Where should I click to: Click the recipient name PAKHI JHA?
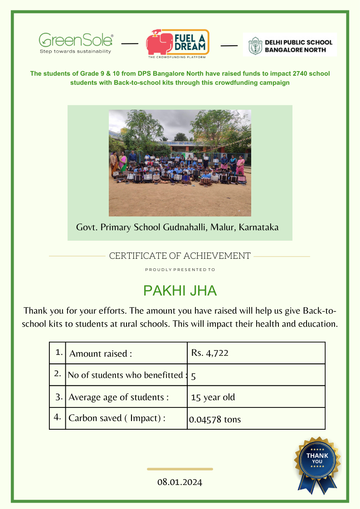tap(180, 291)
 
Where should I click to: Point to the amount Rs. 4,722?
tap(209, 353)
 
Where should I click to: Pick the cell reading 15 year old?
tap(213, 398)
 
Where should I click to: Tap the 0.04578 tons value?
tap(215, 419)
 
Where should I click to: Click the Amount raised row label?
tap(101, 354)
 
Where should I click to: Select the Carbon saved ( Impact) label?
tap(117, 418)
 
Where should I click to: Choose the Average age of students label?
tap(118, 398)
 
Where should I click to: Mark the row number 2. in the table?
tap(58, 374)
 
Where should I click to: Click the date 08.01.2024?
tap(180, 482)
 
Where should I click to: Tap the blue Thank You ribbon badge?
tap(317, 463)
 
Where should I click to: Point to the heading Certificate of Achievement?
tap(180, 256)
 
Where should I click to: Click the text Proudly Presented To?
tap(180, 270)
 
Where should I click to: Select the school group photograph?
tap(180, 163)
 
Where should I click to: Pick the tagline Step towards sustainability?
tap(76, 52)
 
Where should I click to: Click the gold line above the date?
tap(180, 469)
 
